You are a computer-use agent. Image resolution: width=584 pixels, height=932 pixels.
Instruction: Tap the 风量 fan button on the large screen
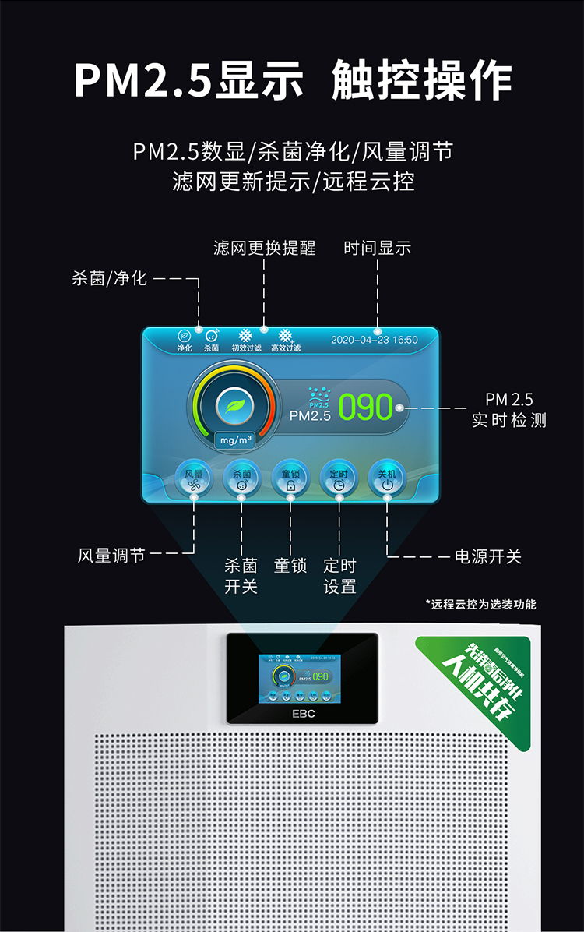pos(194,478)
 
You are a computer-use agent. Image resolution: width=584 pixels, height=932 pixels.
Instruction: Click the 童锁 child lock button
pos(290,478)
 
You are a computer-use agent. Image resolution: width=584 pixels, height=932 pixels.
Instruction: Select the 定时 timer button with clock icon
pos(339,478)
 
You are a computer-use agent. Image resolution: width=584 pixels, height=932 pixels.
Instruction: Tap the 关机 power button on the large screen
pos(387,478)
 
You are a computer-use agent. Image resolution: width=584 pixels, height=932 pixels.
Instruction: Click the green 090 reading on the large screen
pos(365,408)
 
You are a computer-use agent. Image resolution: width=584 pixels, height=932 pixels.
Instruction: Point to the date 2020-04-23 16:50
pos(375,340)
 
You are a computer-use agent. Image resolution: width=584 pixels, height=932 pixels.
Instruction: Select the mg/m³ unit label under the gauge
pos(236,440)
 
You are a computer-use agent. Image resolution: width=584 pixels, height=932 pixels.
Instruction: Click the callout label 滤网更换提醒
pos(265,248)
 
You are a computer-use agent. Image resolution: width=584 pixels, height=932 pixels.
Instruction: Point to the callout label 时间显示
pos(378,248)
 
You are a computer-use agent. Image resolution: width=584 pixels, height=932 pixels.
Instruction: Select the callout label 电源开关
pos(488,556)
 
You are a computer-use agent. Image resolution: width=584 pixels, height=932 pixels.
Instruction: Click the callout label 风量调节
pos(111,556)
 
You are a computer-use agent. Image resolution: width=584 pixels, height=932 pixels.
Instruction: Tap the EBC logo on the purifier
pos(303,712)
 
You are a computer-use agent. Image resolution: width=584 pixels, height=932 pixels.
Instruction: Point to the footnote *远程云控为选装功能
pos(480,604)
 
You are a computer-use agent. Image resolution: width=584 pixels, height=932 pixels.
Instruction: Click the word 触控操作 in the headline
pos(422,80)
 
